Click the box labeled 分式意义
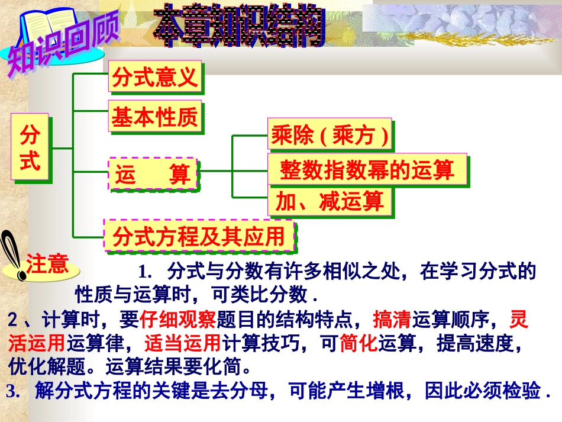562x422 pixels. pos(154,77)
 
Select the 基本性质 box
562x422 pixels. pos(154,117)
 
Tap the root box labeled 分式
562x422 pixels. pos(30,148)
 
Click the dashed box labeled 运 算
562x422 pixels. pos(153,174)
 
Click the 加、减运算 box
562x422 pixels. pos(330,202)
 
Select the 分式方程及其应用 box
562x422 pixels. pos(199,236)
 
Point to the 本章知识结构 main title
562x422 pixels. pos(240,27)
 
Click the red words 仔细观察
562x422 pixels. pos(178,320)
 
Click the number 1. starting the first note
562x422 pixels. pos(146,272)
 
